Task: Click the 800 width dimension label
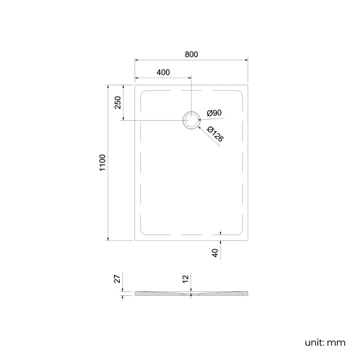coord(191,54)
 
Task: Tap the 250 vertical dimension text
coord(117,103)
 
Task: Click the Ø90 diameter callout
coord(214,113)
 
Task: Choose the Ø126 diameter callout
coord(215,135)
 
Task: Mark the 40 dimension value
coord(215,253)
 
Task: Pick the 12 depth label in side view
coord(186,279)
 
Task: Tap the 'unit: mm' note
coord(325,342)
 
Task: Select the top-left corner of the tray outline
coord(135,85)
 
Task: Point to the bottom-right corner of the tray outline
coord(248,240)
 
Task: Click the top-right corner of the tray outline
coord(248,85)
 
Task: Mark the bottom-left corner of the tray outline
coord(135,240)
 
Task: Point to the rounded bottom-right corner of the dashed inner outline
coord(240,233)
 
